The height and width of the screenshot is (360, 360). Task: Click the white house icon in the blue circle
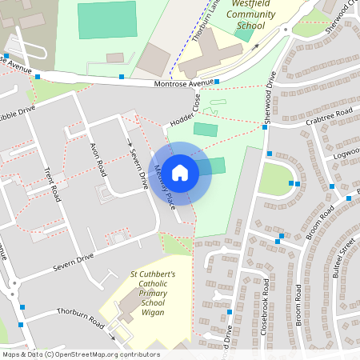click(x=180, y=172)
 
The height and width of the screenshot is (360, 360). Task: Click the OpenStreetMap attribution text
click(x=80, y=354)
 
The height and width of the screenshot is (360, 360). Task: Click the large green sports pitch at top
click(x=106, y=20)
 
